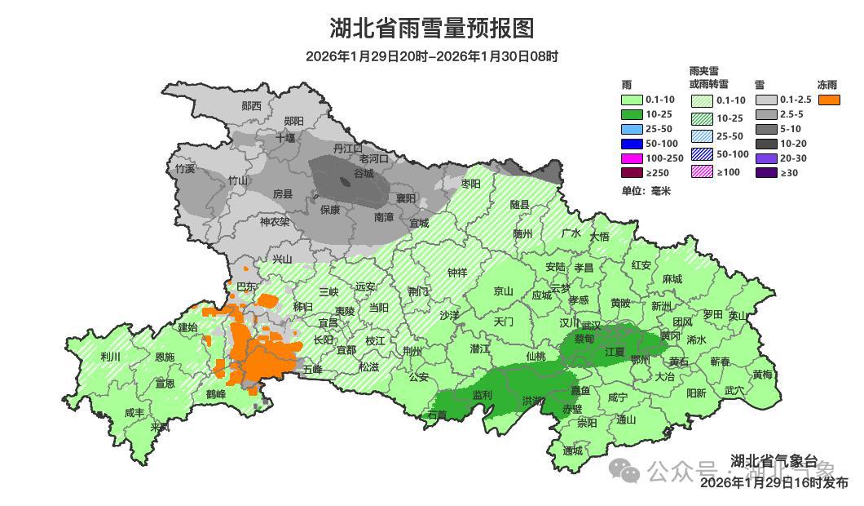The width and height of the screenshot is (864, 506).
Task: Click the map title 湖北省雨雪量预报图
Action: coord(432,29)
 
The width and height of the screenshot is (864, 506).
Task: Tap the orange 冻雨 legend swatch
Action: coord(830,100)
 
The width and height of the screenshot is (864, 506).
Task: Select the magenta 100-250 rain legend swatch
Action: coord(632,158)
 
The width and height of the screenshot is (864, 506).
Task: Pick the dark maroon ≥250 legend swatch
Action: coord(632,172)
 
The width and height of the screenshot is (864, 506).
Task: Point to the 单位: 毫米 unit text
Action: coord(646,191)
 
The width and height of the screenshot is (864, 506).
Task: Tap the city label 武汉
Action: coord(590,326)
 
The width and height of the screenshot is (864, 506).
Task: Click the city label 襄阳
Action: coord(405,198)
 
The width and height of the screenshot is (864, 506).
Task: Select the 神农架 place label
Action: coord(274,221)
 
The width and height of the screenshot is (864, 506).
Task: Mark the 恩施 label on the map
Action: coord(164,357)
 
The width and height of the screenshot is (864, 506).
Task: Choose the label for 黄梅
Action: coord(762,375)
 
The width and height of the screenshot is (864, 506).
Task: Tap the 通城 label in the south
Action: coord(573,451)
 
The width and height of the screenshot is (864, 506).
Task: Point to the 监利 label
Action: coord(483,395)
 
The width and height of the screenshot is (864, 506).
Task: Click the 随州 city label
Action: coord(522,233)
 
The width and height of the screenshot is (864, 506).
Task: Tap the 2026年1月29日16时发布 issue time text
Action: coord(774,482)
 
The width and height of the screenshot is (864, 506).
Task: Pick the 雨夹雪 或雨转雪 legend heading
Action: coord(708,78)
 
